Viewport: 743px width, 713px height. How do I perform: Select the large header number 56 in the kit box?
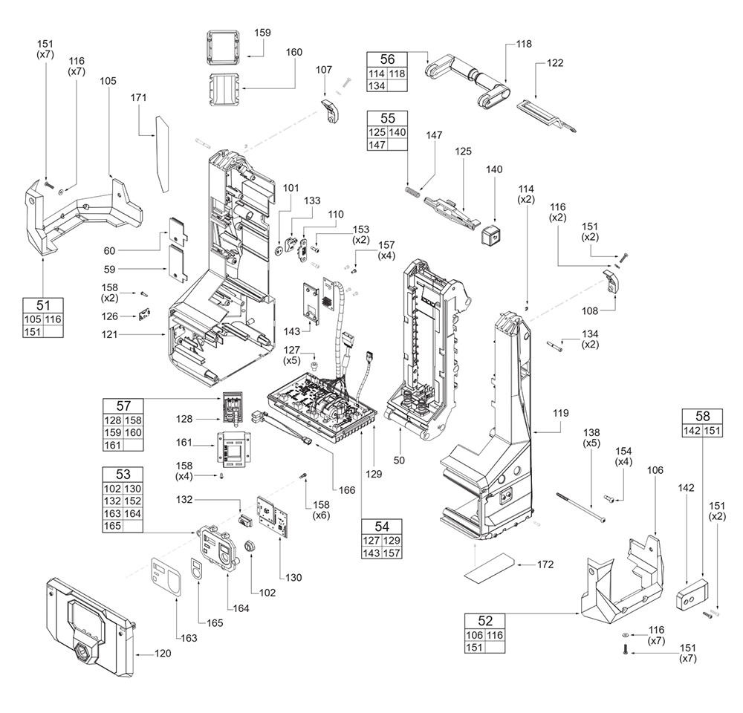coord(387,59)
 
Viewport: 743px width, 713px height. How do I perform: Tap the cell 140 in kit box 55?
coord(398,131)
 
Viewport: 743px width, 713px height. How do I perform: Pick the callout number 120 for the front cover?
coord(163,654)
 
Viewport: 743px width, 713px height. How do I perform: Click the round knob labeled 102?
coord(251,546)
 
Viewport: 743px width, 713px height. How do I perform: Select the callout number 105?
coord(108,79)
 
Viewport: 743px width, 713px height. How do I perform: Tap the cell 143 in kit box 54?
coord(369,554)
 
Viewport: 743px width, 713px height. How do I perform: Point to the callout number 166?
coord(346,489)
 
